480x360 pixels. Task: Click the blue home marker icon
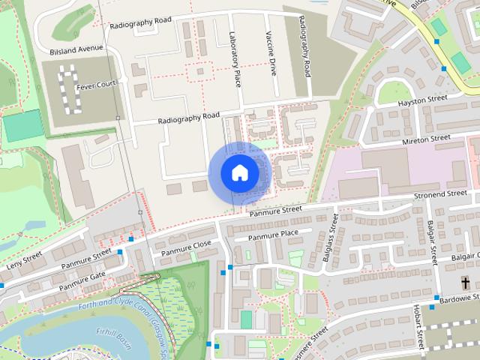click(239, 173)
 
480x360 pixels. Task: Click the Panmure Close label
click(180, 247)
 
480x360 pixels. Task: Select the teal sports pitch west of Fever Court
click(22, 125)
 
